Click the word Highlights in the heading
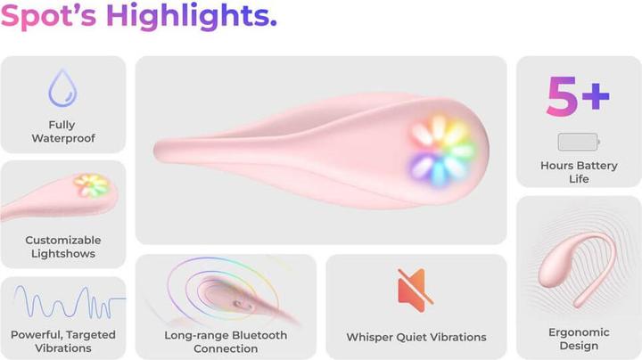[195, 17]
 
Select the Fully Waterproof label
[62, 131]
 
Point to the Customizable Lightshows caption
[62, 247]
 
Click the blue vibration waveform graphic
[62, 304]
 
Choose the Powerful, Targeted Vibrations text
[62, 341]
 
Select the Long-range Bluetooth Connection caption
[226, 341]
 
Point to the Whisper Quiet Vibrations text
[416, 337]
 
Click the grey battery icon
[578, 141]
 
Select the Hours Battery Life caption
[578, 172]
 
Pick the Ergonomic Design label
[579, 339]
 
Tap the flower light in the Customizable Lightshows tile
[91, 186]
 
